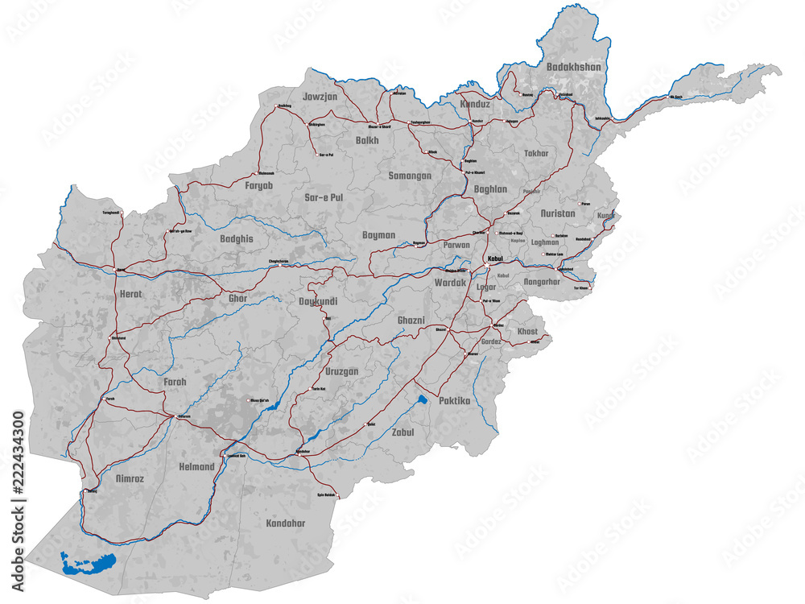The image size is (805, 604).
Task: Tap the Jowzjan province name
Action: coord(319,97)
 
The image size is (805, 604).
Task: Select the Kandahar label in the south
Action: coord(286,523)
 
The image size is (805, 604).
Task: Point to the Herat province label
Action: coord(130,296)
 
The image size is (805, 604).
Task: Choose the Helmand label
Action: coord(196,467)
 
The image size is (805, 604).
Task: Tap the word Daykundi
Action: coord(329,301)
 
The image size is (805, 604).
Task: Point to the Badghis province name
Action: coord(236,239)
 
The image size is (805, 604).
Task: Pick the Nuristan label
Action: coord(559,214)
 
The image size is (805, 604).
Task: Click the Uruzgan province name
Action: coord(342,371)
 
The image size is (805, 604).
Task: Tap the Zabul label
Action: coord(402,432)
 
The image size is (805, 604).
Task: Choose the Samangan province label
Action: coord(410,176)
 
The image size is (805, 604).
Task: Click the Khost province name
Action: coord(527,332)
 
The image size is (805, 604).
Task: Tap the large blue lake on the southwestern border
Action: coord(88,561)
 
